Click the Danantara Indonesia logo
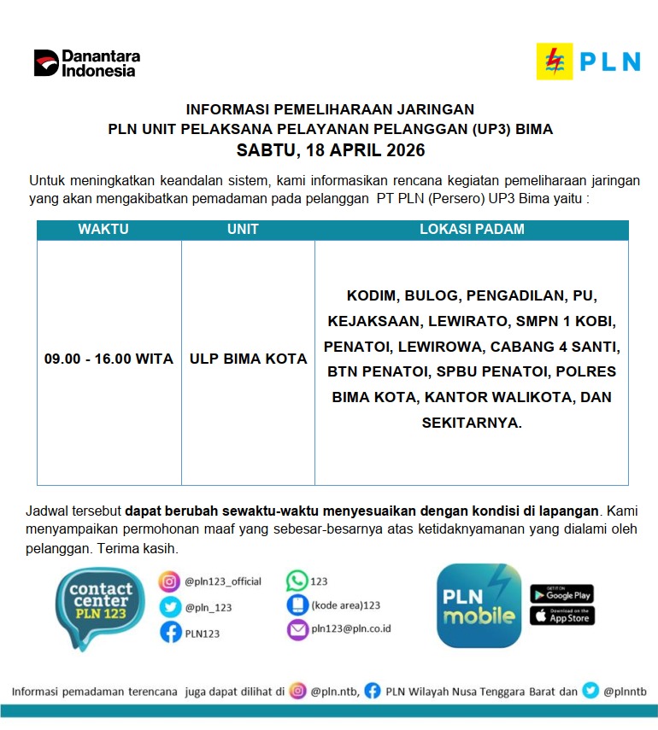[x=86, y=63]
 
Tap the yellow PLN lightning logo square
[x=555, y=61]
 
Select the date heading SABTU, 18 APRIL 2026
[x=330, y=150]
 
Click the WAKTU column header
[x=103, y=230]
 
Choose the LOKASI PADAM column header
[x=472, y=230]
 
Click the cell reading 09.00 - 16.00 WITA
[x=109, y=359]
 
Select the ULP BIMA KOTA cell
[x=248, y=359]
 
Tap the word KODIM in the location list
[x=372, y=296]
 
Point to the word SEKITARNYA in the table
[x=471, y=423]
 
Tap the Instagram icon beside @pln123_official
[x=169, y=581]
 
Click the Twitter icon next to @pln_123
[x=169, y=607]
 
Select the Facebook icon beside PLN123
[x=169, y=633]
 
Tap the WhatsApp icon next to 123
[x=297, y=581]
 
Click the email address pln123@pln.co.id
[x=350, y=629]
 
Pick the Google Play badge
[x=561, y=593]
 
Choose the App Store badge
[x=561, y=615]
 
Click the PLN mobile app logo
[x=479, y=605]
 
